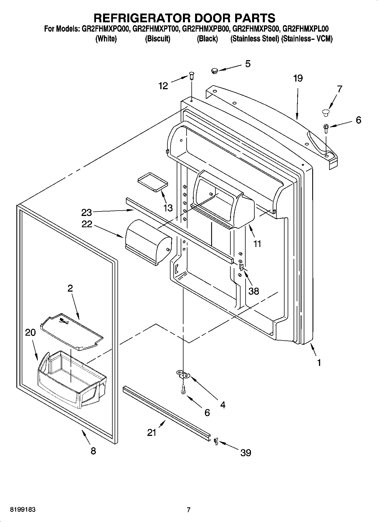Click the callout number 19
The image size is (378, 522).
click(x=298, y=78)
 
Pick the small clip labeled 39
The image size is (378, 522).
click(x=216, y=441)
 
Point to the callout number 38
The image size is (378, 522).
click(x=254, y=291)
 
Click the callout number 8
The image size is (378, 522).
click(x=93, y=451)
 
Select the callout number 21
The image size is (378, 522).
click(x=152, y=432)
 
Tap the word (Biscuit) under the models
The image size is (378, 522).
click(x=158, y=39)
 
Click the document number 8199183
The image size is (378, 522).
click(x=23, y=510)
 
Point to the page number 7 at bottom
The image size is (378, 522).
click(x=189, y=510)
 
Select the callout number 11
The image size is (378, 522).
click(x=257, y=243)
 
